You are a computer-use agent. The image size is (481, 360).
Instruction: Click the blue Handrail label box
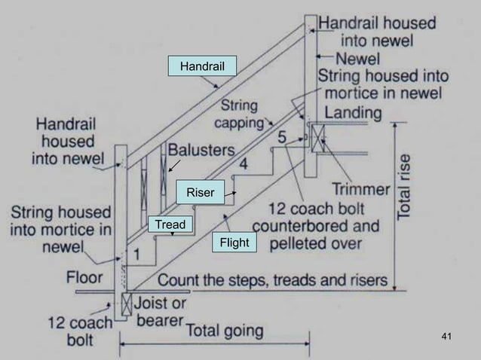tap(202, 66)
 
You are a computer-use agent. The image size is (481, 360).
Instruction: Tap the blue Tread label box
tap(170, 224)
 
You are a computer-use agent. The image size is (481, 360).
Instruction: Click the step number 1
tap(138, 255)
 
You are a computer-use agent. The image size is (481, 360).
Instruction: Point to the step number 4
tap(243, 163)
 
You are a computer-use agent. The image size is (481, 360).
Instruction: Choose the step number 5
tap(281, 139)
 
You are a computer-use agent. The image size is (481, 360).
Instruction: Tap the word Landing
tap(354, 112)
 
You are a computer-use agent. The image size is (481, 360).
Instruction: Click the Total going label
tap(225, 330)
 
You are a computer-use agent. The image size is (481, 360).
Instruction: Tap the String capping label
tap(240, 113)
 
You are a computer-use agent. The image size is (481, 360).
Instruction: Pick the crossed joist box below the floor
tap(127, 305)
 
